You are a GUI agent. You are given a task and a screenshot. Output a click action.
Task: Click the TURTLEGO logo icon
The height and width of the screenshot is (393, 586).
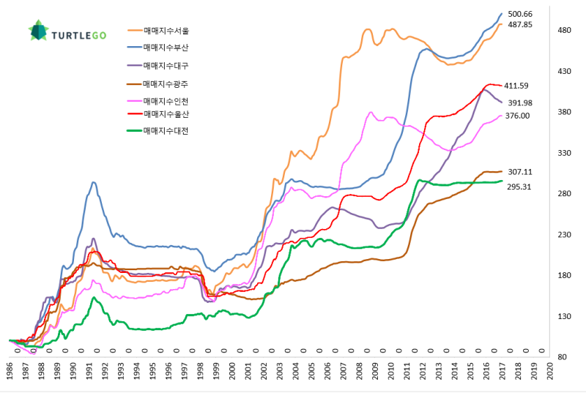click(38, 31)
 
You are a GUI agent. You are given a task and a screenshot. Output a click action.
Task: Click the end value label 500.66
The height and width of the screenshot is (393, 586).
click(520, 14)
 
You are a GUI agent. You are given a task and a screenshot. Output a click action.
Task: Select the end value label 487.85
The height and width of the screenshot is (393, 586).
click(520, 25)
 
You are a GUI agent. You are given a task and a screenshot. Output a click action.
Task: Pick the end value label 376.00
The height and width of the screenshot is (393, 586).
click(517, 116)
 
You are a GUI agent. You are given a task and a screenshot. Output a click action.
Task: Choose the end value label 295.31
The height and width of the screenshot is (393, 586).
click(518, 187)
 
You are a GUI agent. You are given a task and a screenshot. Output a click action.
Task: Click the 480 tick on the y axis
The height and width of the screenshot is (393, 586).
click(563, 31)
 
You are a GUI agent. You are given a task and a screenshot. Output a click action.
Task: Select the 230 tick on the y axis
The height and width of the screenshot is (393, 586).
click(563, 235)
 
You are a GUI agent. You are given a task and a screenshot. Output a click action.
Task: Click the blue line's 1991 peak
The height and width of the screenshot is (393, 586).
click(94, 182)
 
